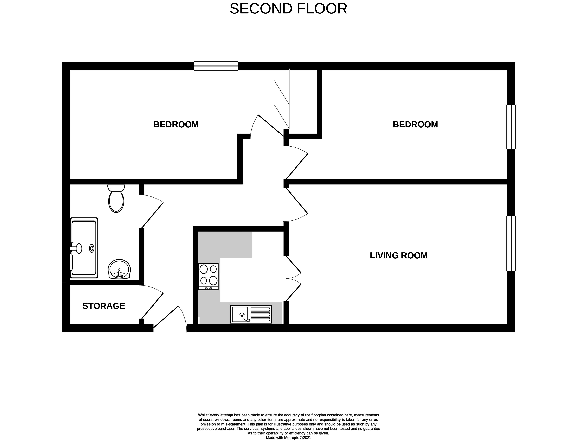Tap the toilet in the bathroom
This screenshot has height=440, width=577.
[116, 199]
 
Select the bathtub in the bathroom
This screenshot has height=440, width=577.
[84, 248]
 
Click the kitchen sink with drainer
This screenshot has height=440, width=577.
[251, 314]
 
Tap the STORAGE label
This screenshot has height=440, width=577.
[104, 306]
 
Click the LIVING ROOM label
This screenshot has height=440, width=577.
[398, 255]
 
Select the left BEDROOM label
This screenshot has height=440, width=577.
[176, 124]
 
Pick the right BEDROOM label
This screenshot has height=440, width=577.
[415, 124]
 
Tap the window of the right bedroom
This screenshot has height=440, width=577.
[511, 127]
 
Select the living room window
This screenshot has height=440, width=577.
[511, 244]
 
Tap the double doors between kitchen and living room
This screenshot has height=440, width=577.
[293, 278]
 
